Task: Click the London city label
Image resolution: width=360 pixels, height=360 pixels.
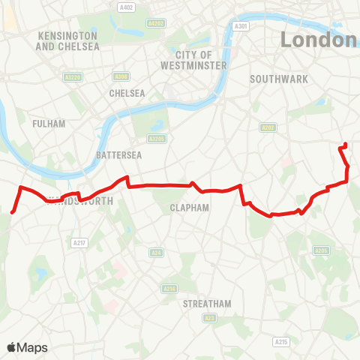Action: (x=319, y=40)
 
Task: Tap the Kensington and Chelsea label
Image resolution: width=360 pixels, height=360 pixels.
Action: (x=68, y=40)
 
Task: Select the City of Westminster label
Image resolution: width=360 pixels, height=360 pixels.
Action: (x=193, y=59)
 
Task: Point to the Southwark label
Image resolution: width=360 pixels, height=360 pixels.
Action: (x=274, y=79)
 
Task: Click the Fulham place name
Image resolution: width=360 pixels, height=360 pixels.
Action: (x=49, y=124)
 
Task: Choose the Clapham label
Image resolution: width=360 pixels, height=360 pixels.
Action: (x=189, y=208)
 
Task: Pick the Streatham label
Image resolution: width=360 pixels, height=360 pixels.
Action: (x=208, y=304)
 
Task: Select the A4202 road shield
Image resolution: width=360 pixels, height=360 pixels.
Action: (x=156, y=23)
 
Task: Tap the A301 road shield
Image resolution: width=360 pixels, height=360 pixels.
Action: (x=241, y=26)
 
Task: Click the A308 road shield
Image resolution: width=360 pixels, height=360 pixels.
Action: (x=121, y=76)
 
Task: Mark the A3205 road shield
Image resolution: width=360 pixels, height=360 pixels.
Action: (x=157, y=139)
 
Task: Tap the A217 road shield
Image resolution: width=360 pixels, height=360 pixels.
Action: (x=79, y=242)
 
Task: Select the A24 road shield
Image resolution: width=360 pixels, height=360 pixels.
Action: (x=157, y=253)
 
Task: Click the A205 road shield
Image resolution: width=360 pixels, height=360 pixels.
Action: (x=322, y=250)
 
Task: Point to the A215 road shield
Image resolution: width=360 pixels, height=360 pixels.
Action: (x=280, y=342)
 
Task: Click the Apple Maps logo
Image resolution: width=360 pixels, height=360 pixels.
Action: (x=28, y=347)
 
